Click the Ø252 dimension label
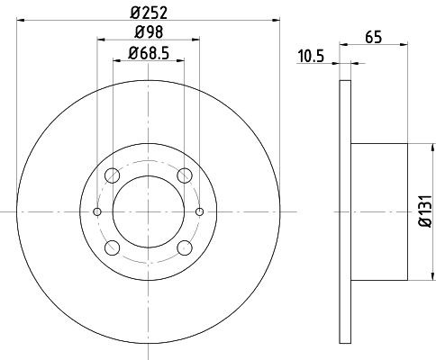pos(149,13)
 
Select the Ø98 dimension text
pos(149,34)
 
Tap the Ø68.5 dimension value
pos(149,55)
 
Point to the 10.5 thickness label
pos(312,56)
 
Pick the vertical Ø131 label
pos(423,212)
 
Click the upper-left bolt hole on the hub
pos(113,175)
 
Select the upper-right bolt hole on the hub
pos(185,175)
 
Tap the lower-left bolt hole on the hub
pos(113,247)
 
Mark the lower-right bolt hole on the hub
pos(185,247)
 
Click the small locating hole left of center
pos(98,211)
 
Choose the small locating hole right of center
pos(199,211)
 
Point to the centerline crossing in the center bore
pos(149,211)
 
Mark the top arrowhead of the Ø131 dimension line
pos(409,148)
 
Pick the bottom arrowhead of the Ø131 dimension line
pos(409,275)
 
